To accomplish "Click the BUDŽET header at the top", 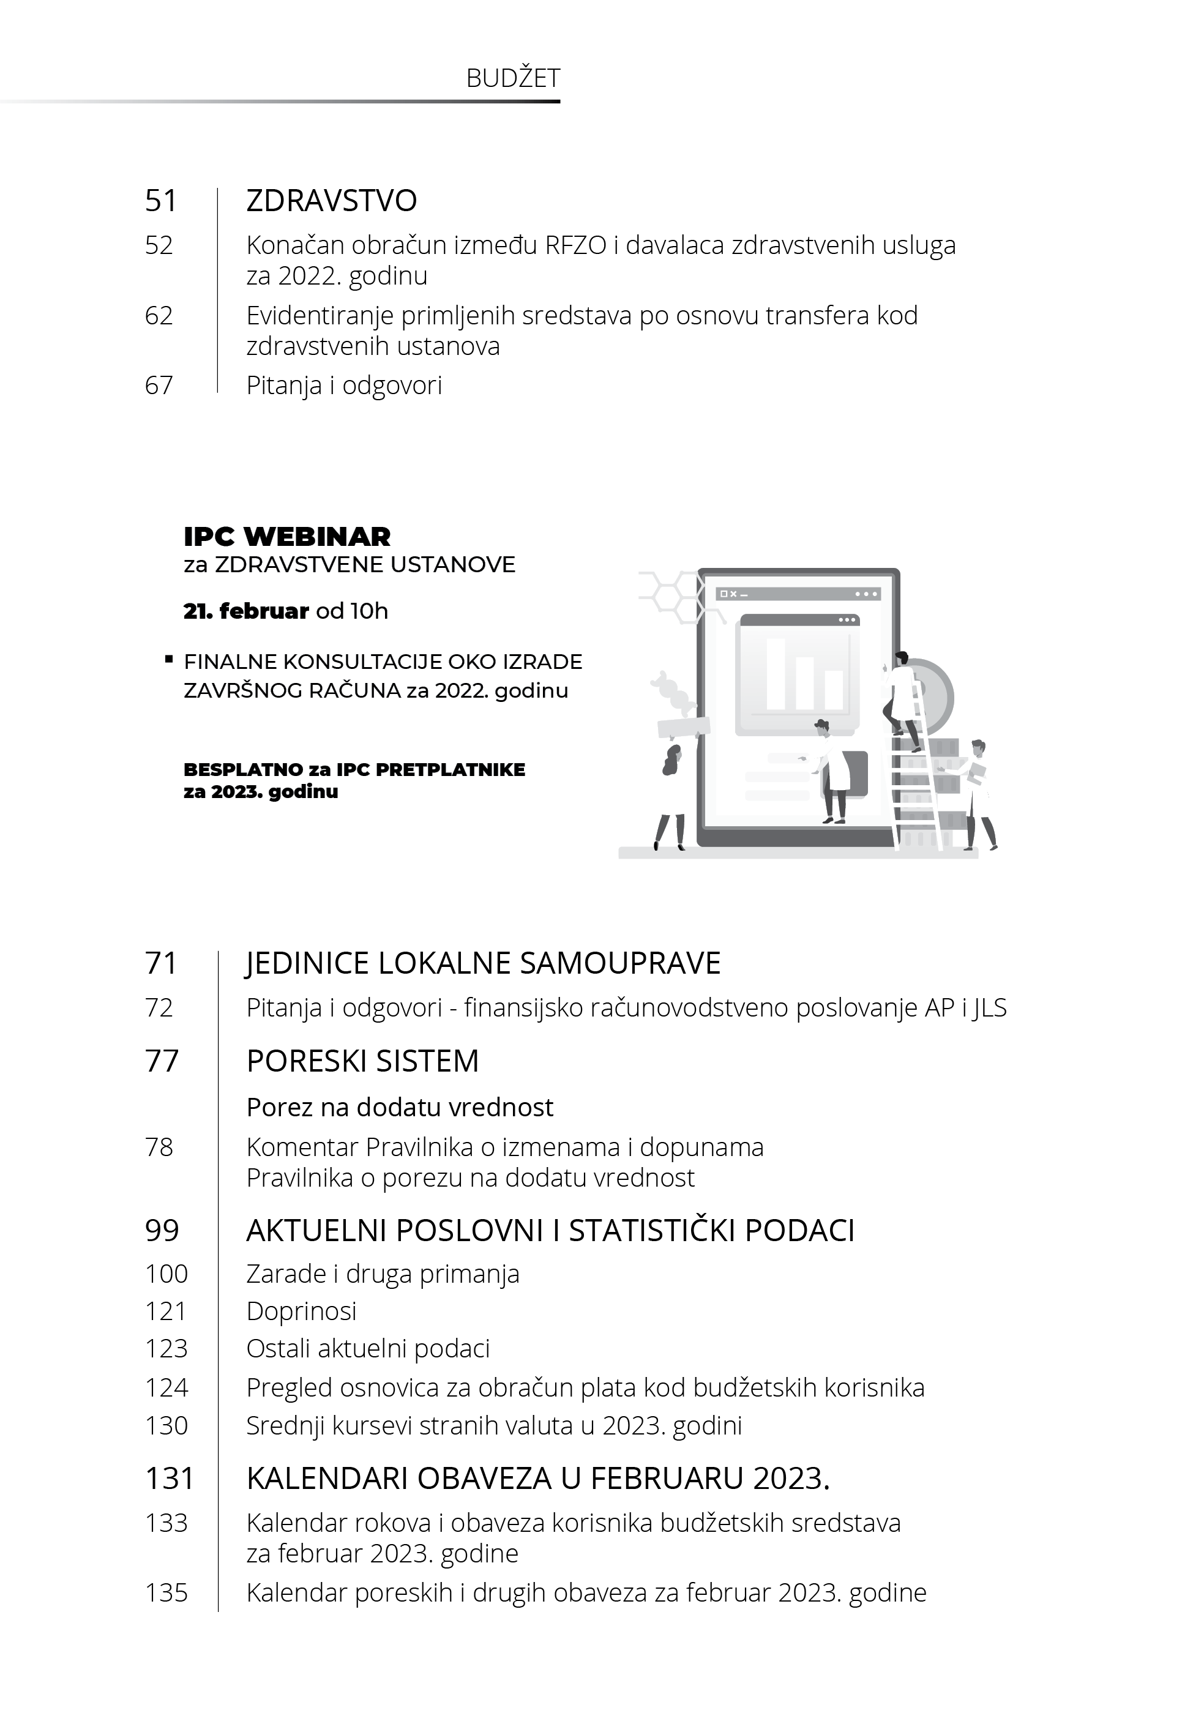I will coord(513,78).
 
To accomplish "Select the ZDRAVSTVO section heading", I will coord(331,200).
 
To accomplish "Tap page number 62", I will coord(159,315).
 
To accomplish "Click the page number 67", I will coord(159,385).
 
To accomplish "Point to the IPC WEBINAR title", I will coord(287,537).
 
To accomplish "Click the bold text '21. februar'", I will coord(246,611).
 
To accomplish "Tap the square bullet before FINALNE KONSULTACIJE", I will coord(169,660).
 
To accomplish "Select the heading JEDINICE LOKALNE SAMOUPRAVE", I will coord(483,963).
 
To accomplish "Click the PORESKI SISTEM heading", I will coord(362,1061).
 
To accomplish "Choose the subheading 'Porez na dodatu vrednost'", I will coord(400,1106).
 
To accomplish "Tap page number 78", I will coord(159,1147).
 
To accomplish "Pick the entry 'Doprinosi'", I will coord(301,1311).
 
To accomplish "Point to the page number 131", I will coord(169,1478).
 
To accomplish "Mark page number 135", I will coord(166,1592).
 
